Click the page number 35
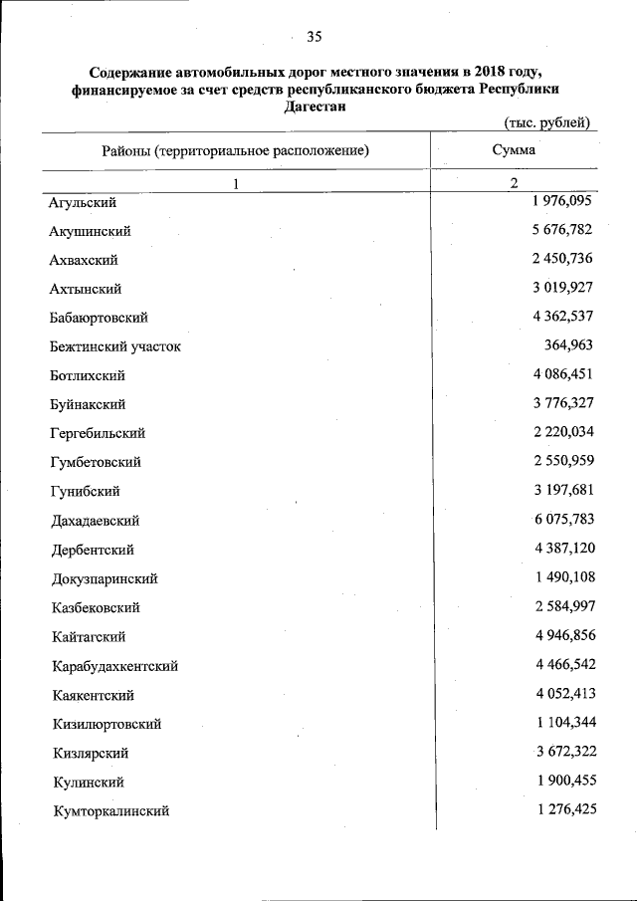pyautogui.click(x=315, y=37)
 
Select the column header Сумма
pyautogui.click(x=514, y=150)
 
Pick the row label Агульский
pyautogui.click(x=83, y=202)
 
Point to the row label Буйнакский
pyautogui.click(x=88, y=404)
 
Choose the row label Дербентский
pyautogui.click(x=92, y=550)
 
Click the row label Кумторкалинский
pyautogui.click(x=111, y=811)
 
